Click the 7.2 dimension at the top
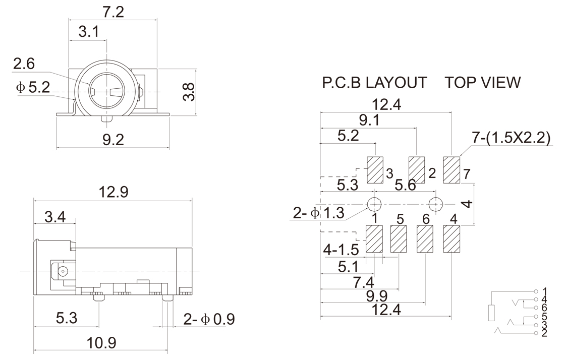(x=112, y=13)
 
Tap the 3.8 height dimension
(x=189, y=91)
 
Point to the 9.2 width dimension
(x=113, y=140)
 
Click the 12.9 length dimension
(x=114, y=192)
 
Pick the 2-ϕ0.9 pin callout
(x=209, y=319)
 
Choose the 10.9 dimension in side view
(x=100, y=343)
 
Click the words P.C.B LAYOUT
(x=374, y=83)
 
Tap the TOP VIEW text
(x=483, y=83)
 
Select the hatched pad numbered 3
(x=375, y=170)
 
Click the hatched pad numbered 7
(x=451, y=170)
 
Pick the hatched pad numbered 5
(x=399, y=238)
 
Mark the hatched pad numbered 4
(x=451, y=238)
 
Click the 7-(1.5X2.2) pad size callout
(x=511, y=138)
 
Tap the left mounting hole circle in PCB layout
(x=374, y=204)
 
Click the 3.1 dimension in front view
(x=88, y=33)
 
